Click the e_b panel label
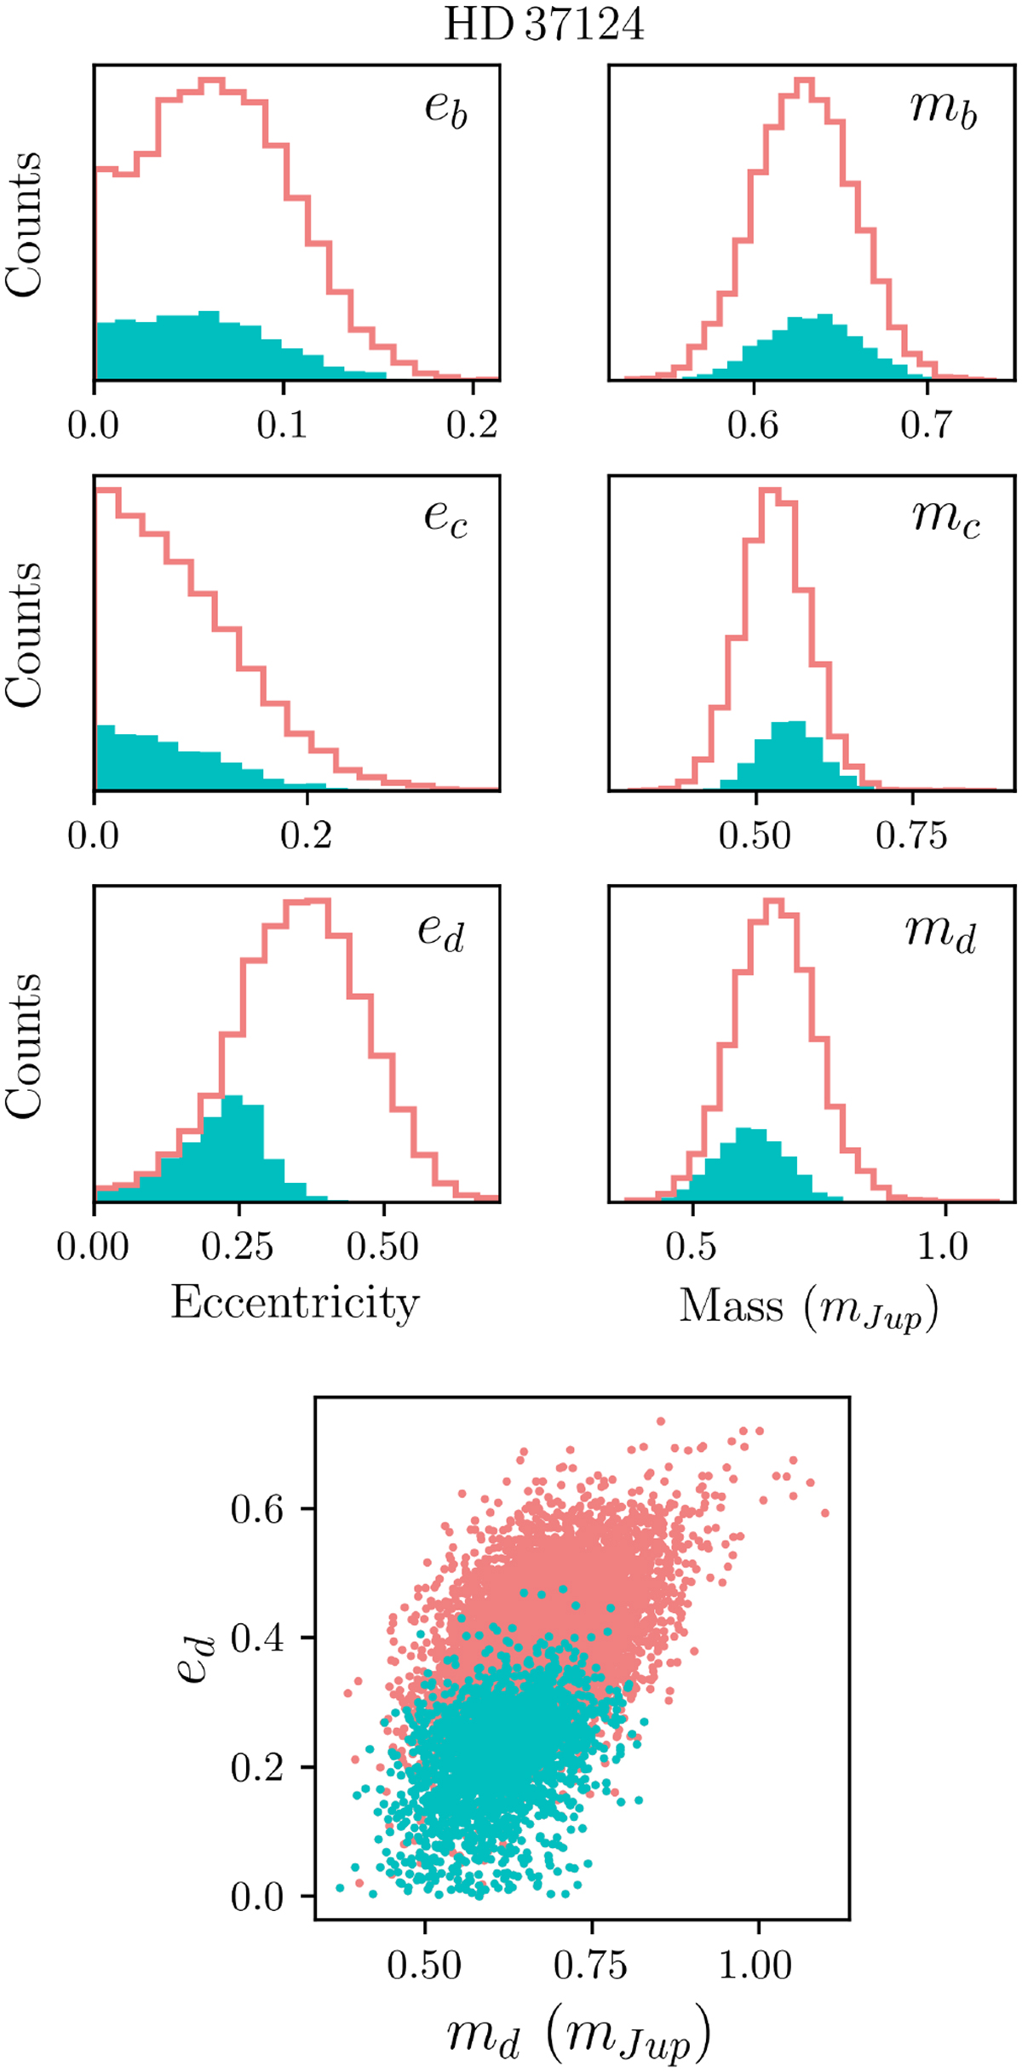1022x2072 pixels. [446, 110]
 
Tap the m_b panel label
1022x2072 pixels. [944, 110]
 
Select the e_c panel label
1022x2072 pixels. [446, 519]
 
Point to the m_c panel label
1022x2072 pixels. [945, 519]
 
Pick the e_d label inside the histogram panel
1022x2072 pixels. [441, 932]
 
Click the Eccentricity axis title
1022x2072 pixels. [295, 1303]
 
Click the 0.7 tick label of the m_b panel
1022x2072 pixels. [927, 424]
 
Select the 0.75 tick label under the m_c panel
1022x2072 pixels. [911, 836]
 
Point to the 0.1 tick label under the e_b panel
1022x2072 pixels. [283, 424]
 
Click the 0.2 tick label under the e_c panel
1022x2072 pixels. [306, 836]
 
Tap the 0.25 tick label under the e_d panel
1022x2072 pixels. [238, 1248]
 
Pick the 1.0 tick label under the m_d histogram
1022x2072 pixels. [944, 1248]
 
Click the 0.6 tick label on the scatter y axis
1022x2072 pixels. [257, 1510]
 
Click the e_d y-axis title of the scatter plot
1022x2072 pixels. [196, 1657]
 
